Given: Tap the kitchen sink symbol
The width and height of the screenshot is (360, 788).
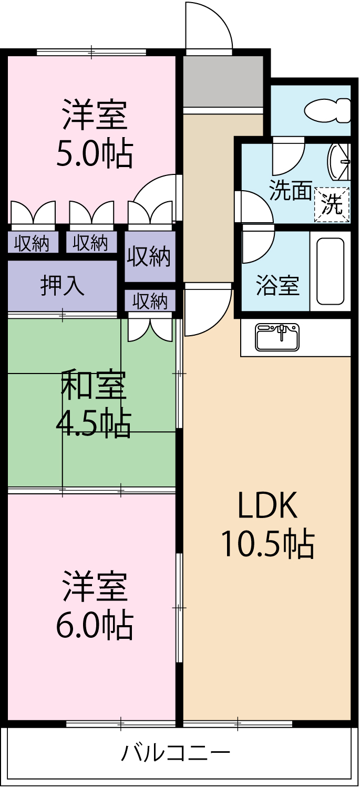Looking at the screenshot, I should (x=277, y=337).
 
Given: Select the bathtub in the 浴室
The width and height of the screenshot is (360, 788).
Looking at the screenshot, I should (x=331, y=271).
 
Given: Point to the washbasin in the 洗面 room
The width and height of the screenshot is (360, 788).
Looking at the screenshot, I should (x=337, y=162).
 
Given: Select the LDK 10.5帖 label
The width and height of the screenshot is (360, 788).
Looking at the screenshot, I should (x=267, y=525).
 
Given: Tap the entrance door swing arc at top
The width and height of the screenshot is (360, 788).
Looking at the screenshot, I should (x=209, y=26).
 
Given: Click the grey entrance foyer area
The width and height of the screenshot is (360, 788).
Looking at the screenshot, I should (x=223, y=81).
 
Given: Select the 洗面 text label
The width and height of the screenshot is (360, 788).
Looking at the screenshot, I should (x=291, y=190).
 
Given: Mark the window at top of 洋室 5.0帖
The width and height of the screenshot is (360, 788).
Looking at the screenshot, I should (x=91, y=52).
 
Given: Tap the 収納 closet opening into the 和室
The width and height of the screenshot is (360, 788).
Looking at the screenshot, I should (x=150, y=302).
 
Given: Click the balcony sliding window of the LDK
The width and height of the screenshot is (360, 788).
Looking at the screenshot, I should (x=238, y=724).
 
